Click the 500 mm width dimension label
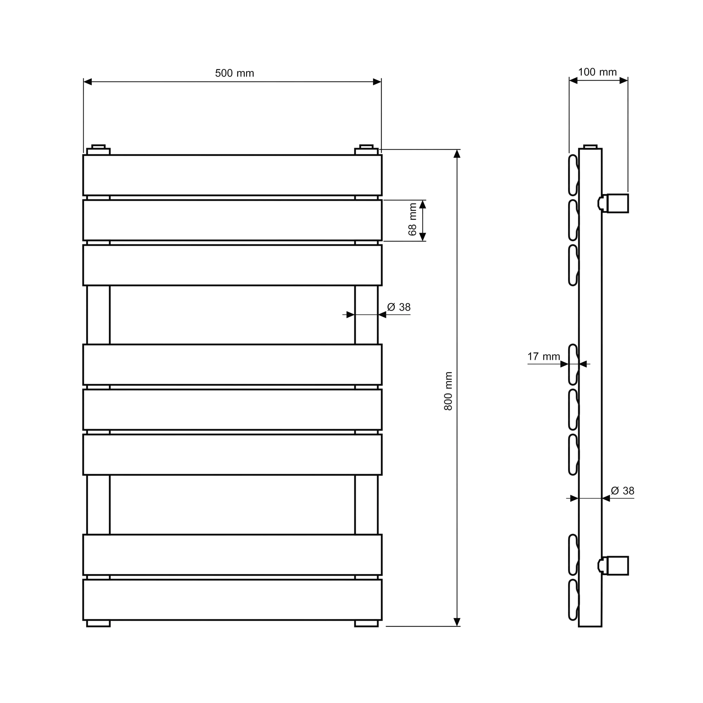[x=234, y=73]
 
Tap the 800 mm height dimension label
[x=448, y=391]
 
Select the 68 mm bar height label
[x=412, y=219]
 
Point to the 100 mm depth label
[x=597, y=72]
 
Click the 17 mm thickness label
[x=543, y=356]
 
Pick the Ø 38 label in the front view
[x=399, y=307]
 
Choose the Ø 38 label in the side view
[x=623, y=491]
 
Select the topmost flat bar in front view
[x=232, y=175]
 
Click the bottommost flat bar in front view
[x=232, y=600]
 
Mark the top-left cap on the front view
[x=98, y=149]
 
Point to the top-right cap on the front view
[x=366, y=149]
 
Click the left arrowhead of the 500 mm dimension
[x=88, y=82]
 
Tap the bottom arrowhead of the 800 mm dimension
[x=457, y=622]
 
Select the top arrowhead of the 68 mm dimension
[x=423, y=205]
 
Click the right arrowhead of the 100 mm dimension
[x=623, y=81]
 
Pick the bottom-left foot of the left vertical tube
[x=98, y=624]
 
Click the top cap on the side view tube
[x=590, y=147]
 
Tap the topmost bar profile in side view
[x=573, y=175]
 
